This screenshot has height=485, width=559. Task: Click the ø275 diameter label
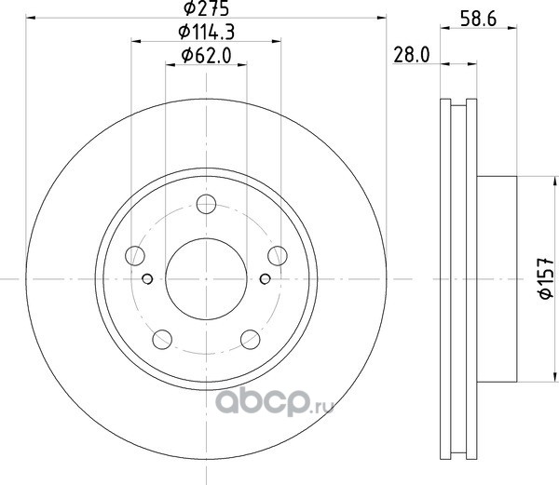(x=206, y=8)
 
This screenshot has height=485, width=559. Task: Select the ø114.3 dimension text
(x=207, y=32)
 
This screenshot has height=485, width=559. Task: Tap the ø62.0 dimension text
(x=207, y=56)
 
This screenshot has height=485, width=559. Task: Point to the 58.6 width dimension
(x=479, y=19)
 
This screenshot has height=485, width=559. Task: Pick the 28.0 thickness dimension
(x=412, y=55)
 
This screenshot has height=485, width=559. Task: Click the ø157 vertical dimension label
(x=545, y=278)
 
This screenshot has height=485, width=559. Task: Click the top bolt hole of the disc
(x=206, y=204)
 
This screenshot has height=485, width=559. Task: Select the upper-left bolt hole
(x=135, y=256)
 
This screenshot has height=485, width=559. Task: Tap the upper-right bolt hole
(x=278, y=256)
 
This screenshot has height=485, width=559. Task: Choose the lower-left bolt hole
(x=162, y=340)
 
